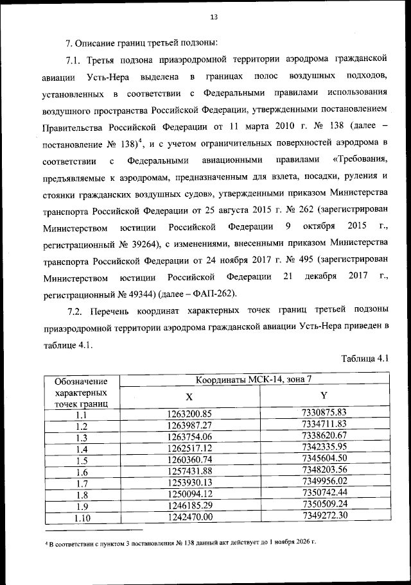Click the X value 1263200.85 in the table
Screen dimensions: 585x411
point(189,413)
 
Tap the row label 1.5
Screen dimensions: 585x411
point(81,461)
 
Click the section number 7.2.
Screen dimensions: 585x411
point(77,312)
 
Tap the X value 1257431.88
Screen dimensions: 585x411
point(189,471)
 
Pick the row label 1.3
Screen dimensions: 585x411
point(81,437)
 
